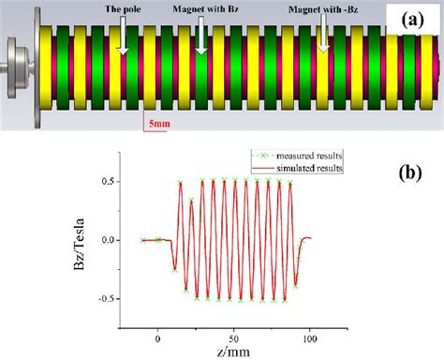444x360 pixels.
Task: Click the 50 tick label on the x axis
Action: (234, 335)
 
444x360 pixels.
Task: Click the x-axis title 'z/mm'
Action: (216, 352)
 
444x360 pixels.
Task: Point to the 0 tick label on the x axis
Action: (157, 335)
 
